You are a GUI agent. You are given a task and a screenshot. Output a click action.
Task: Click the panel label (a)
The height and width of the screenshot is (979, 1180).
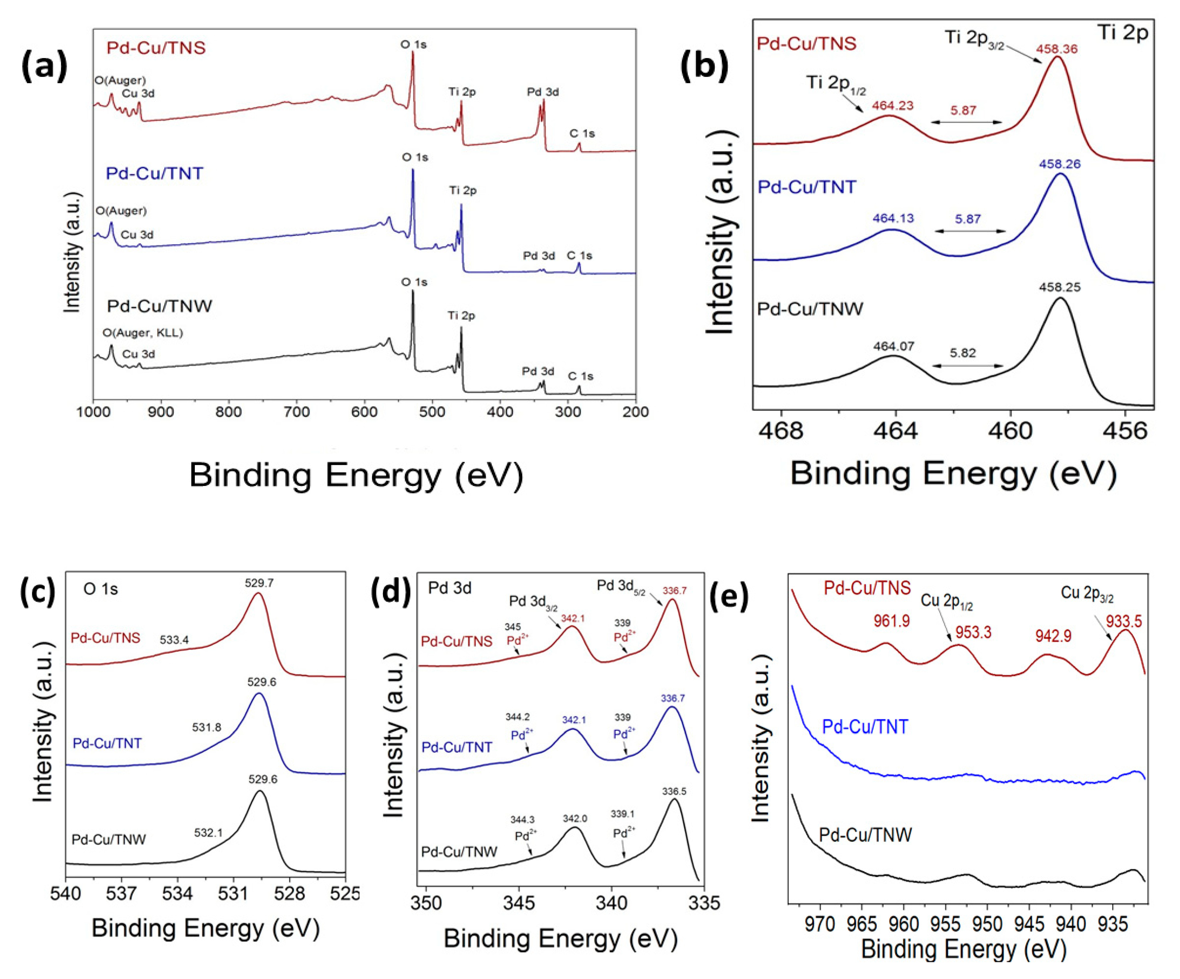44,66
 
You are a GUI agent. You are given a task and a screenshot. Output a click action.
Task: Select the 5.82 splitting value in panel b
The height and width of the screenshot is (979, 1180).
963,353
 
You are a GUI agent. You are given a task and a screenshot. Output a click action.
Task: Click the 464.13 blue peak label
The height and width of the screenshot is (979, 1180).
893,218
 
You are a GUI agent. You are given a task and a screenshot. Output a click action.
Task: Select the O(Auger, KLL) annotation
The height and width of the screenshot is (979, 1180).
143,333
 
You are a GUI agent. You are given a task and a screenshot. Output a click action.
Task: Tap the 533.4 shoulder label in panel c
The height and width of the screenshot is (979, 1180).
174,639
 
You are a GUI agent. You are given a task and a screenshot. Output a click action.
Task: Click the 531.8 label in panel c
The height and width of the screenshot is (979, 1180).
206,727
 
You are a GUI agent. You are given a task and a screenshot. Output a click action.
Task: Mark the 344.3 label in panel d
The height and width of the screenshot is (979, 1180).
522,820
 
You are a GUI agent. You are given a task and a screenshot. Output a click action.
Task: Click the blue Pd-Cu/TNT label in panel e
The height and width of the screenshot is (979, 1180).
865,727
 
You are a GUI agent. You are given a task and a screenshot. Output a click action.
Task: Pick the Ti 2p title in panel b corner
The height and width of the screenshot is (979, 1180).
1122,33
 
